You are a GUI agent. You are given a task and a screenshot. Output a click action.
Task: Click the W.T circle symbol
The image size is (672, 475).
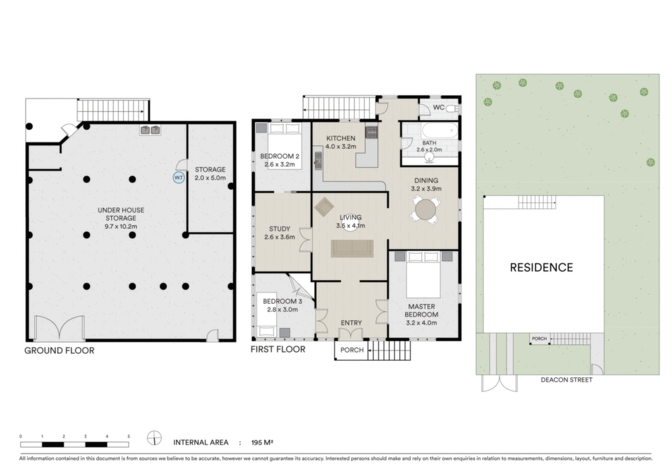point(178,177)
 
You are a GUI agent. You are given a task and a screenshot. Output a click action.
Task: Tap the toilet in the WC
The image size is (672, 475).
point(451,109)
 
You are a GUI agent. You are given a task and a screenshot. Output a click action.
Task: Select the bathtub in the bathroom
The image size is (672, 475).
point(440,131)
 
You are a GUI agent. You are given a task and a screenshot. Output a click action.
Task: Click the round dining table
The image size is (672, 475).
point(425,210)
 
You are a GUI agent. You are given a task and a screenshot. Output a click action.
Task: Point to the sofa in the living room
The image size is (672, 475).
point(352,249)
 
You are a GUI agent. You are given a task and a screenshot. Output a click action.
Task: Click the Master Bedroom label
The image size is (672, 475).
point(422,310)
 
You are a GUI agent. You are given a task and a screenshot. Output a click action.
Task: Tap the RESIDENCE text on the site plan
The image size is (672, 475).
point(541,268)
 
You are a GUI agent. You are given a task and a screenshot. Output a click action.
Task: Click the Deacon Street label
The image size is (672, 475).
point(566,380)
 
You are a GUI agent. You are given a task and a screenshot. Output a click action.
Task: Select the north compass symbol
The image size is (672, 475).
point(154,438)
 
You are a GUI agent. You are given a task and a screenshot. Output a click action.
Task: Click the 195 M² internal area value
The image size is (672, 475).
point(262,442)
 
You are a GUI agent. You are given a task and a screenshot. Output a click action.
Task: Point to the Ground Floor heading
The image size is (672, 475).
point(59,350)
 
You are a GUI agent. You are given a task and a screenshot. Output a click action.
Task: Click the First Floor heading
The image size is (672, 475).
point(278,350)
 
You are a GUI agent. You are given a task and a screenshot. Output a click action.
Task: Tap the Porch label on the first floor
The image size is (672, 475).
point(352,350)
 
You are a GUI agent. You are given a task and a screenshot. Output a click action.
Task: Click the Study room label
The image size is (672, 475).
point(280,229)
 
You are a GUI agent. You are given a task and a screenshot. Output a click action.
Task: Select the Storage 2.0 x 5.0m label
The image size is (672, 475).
point(210,173)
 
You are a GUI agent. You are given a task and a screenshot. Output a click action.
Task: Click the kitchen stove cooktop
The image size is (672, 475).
point(371,132)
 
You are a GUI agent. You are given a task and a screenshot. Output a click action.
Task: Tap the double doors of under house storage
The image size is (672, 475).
point(59,328)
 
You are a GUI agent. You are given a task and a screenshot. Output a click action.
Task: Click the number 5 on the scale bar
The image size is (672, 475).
point(129,436)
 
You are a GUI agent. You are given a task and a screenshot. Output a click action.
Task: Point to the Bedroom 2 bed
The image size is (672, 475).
point(283,146)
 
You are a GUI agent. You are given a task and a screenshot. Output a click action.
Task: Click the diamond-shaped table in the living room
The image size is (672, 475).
point(324,208)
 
